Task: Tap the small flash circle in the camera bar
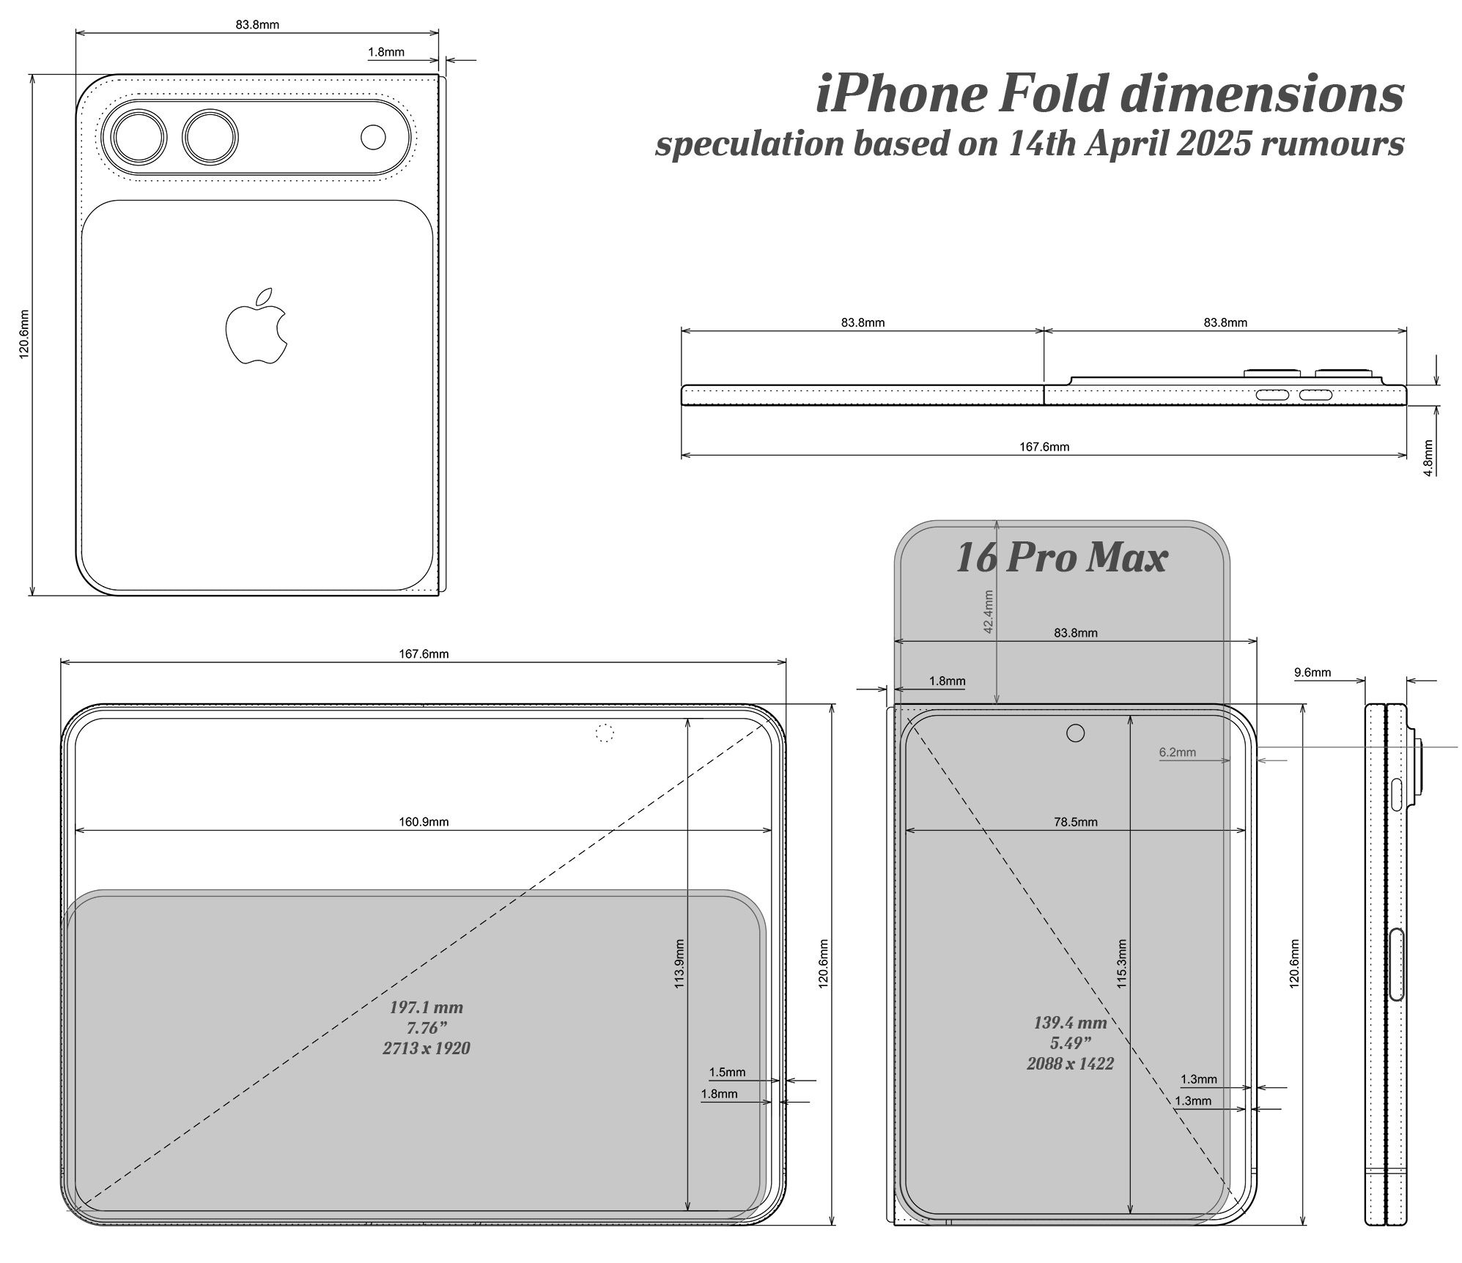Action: point(373,137)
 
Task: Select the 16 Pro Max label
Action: point(1060,558)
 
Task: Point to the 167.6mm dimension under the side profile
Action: point(1044,447)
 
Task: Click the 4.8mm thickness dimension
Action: point(1428,458)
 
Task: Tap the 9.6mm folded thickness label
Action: point(1313,673)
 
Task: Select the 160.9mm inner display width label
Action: point(424,822)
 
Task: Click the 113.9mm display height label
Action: point(679,964)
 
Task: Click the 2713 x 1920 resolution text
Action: point(427,1048)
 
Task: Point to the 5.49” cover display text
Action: point(1070,1043)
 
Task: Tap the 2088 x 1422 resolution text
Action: point(1070,1064)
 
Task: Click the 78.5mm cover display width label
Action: point(1076,822)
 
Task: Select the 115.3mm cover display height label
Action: point(1122,964)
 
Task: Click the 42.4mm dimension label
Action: point(988,612)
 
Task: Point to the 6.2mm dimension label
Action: point(1177,752)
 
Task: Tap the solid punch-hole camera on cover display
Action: point(1075,733)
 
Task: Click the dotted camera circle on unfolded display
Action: point(605,733)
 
